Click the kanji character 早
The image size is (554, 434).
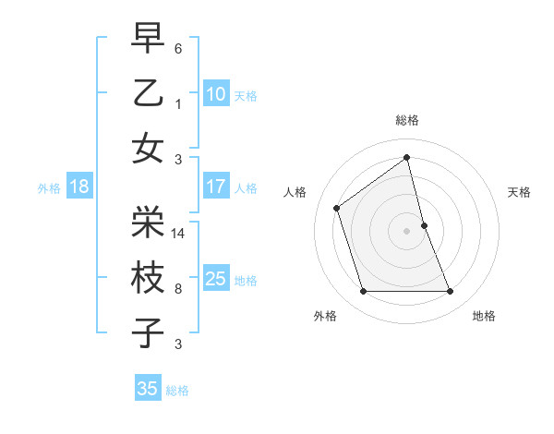pyautogui.click(x=148, y=39)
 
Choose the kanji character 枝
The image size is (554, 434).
pyautogui.click(x=148, y=277)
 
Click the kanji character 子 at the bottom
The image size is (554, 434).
pyautogui.click(x=148, y=332)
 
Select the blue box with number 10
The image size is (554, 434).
pyautogui.click(x=216, y=94)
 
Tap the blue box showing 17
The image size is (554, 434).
pyautogui.click(x=216, y=187)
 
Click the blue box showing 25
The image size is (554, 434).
pyautogui.click(x=216, y=279)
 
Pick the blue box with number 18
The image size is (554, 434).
pyautogui.click(x=79, y=187)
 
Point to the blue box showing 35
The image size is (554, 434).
pyautogui.click(x=148, y=389)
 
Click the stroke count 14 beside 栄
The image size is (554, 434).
pyautogui.click(x=179, y=233)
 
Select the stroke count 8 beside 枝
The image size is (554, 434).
pyautogui.click(x=178, y=289)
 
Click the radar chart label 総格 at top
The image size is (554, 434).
pyautogui.click(x=406, y=120)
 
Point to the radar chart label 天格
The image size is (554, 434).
pyautogui.click(x=519, y=192)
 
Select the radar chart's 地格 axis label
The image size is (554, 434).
pyautogui.click(x=484, y=316)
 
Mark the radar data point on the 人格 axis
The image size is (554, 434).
pyautogui.click(x=337, y=208)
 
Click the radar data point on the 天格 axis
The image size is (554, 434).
pyautogui.click(x=424, y=225)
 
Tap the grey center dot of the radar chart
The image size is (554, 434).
pyautogui.click(x=406, y=231)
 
